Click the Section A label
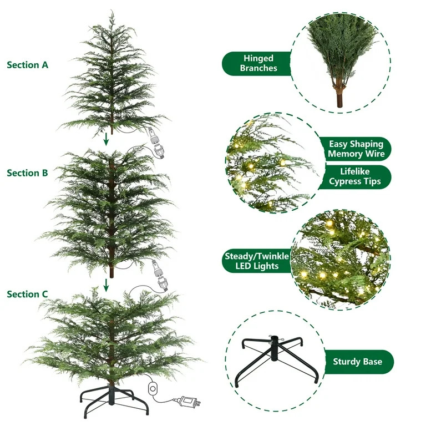pyautogui.click(x=28, y=65)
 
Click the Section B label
pyautogui.click(x=28, y=173)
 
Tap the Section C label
pyautogui.click(x=28, y=295)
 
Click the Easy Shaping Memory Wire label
pyautogui.click(x=355, y=149)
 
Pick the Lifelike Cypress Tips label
pyautogui.click(x=355, y=176)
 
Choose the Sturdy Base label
pyautogui.click(x=357, y=362)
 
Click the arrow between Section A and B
pyautogui.click(x=106, y=140)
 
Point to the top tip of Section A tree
pyautogui.click(x=111, y=12)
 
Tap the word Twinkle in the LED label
pyautogui.click(x=271, y=256)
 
